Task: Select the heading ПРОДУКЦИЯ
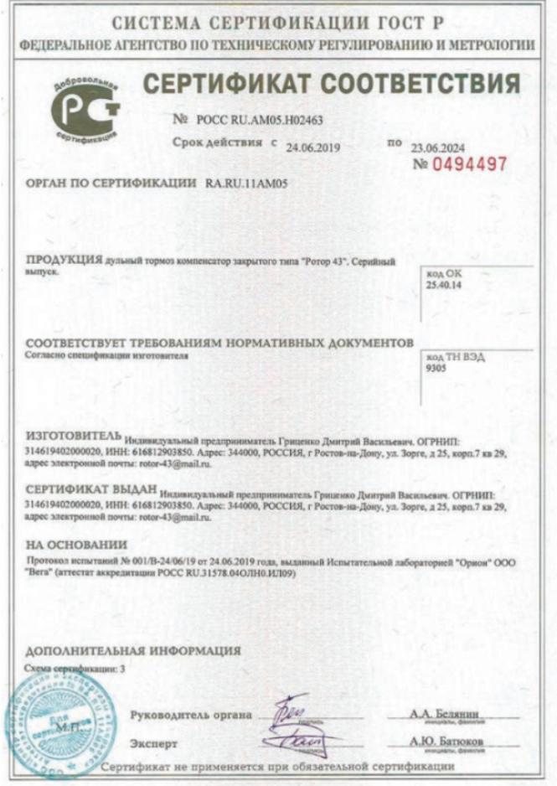(64, 261)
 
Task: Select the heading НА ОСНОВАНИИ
(70, 545)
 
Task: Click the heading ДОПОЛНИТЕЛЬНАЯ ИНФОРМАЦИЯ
(133, 650)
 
